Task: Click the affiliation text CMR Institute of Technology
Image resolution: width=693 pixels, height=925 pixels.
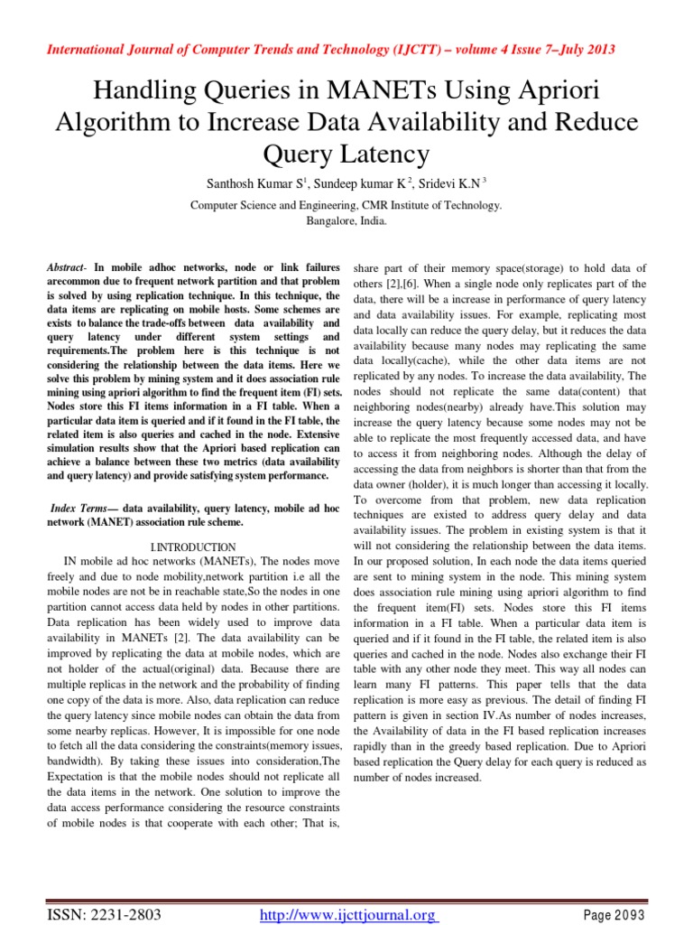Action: [x=431, y=205]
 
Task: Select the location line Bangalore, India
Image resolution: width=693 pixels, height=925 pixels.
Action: [x=346, y=220]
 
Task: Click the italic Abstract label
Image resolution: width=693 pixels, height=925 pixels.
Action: [x=68, y=269]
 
